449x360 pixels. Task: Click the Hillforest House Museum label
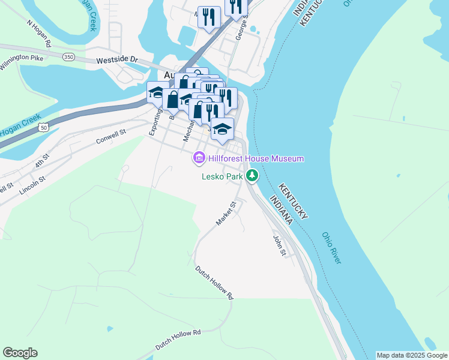pos(256,158)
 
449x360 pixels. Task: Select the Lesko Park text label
pos(222,176)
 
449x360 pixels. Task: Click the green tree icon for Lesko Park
pos(253,176)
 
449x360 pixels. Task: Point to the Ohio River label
pos(331,248)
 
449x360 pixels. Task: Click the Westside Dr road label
pos(117,61)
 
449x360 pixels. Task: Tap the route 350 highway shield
pos(69,56)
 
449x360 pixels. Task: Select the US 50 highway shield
pos(43,128)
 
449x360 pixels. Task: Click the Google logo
pos(20,353)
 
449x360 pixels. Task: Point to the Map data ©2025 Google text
pos(412,355)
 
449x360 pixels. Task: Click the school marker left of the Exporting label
pos(155,93)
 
